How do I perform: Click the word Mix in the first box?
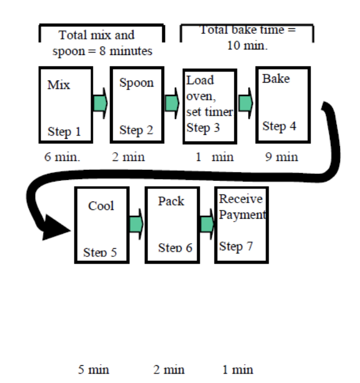pos(59,85)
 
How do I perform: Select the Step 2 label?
pos(136,130)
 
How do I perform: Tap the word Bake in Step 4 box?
pos(276,79)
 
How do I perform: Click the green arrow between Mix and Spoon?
pos(101,103)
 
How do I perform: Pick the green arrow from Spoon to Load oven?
pos(172,103)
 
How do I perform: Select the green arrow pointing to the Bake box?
pos(246,103)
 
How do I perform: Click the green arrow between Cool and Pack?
pos(136,224)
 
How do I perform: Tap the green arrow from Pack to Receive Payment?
pos(207,224)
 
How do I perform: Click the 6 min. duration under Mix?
pos(62,157)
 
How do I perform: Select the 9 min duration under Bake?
pos(281,157)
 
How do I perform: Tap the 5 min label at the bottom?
pos(94,370)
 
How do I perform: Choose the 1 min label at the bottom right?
pos(237,370)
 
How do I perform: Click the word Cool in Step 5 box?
pos(101,206)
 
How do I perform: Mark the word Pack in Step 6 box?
pos(171,201)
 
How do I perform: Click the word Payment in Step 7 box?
pos(242,215)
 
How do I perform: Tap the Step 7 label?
pos(236,246)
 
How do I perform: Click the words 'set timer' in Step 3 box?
pos(209,112)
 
